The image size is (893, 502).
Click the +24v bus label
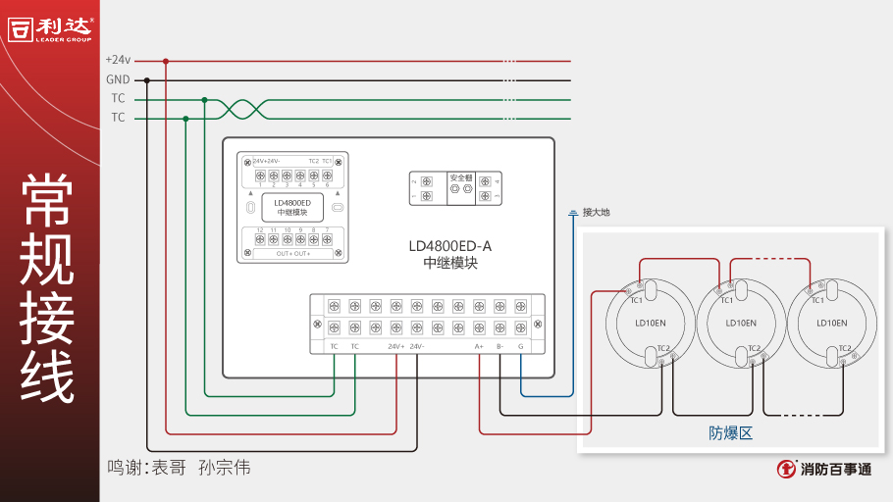point(118,60)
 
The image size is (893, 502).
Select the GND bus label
point(118,79)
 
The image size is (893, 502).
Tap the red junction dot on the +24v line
point(166,61)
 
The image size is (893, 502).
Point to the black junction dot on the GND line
point(147,80)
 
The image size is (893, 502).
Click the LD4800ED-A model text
point(449,246)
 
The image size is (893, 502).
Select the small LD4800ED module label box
point(291,208)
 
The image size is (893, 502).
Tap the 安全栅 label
point(460,177)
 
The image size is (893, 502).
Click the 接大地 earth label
point(597,212)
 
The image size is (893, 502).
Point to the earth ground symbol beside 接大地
point(573,212)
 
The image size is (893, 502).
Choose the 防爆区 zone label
point(730,432)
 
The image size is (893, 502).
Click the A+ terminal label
point(480,346)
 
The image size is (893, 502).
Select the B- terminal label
point(499,346)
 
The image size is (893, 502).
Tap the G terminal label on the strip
point(520,346)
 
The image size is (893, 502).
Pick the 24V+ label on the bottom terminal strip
point(395,346)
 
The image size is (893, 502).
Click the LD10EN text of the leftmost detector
point(650,323)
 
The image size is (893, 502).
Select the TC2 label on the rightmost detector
point(844,348)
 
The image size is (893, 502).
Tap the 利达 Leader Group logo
point(51,28)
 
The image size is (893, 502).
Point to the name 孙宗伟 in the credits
point(225,468)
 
